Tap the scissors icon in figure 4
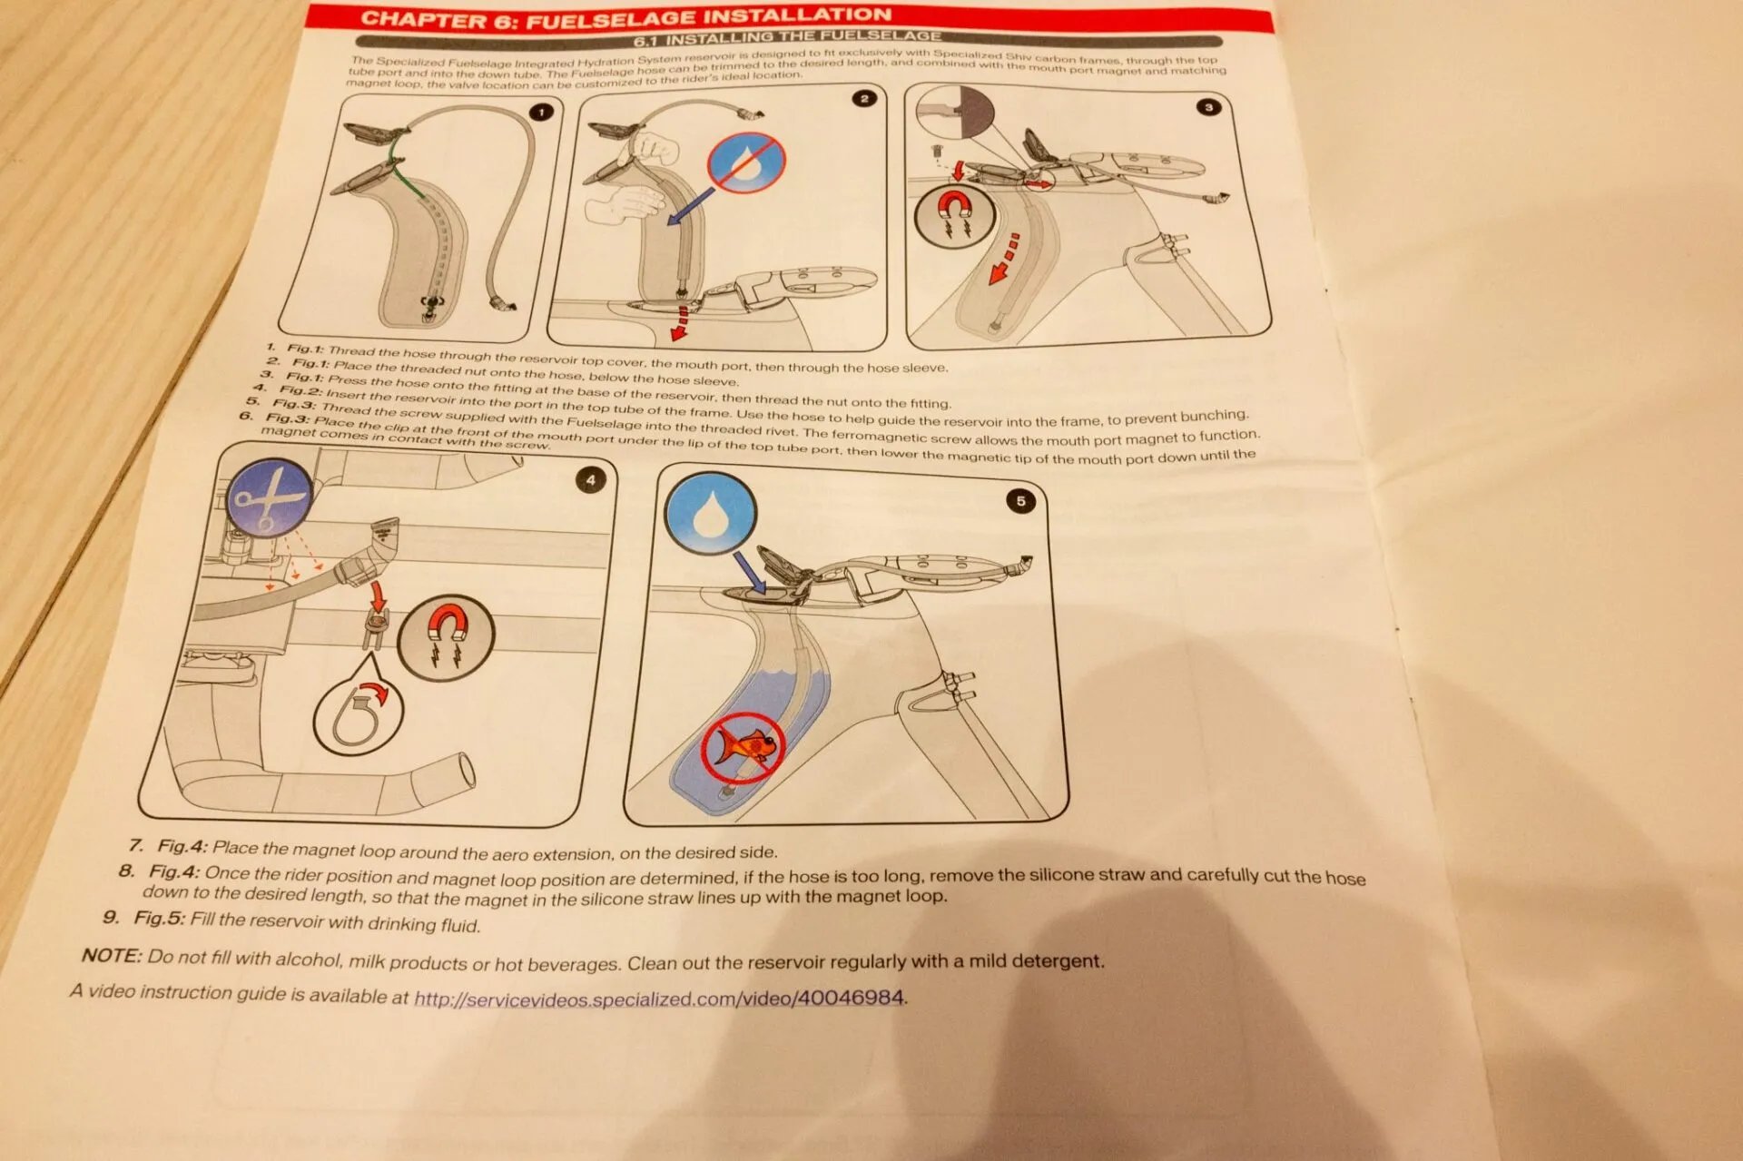coord(268,498)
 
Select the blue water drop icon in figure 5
coord(710,514)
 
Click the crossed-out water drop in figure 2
coord(746,163)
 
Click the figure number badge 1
coord(542,113)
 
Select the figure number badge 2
coord(864,98)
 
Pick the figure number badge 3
coord(1208,107)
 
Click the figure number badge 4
coord(591,480)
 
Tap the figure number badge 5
coord(1020,501)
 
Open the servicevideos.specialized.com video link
coord(659,999)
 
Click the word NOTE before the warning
coord(112,955)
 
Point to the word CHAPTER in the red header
coord(426,20)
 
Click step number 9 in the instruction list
coord(111,916)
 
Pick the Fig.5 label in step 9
coord(159,918)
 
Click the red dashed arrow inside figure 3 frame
coord(1004,260)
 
